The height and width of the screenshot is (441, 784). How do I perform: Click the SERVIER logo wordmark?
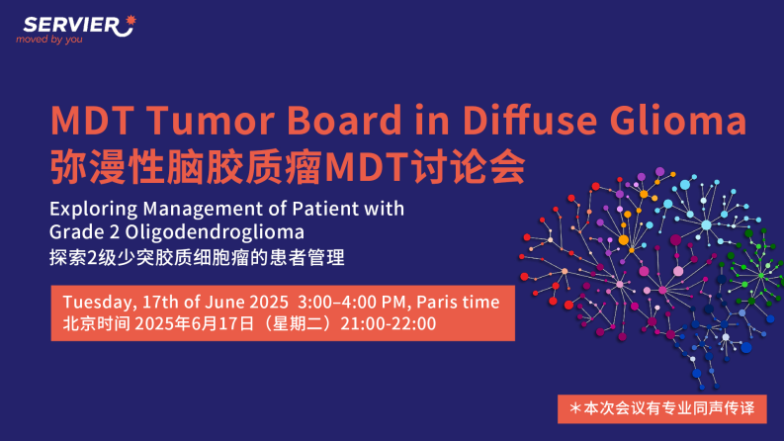pos(71,25)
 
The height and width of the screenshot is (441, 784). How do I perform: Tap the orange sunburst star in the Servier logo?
pos(131,20)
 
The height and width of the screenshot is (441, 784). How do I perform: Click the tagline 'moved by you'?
pos(49,40)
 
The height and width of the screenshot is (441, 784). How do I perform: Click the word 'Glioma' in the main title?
pos(678,120)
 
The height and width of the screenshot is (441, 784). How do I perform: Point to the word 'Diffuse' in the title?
pos(530,120)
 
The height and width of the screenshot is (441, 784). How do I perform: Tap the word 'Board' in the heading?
pos(344,120)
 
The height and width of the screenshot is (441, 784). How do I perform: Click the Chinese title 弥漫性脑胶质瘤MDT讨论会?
pos(288,166)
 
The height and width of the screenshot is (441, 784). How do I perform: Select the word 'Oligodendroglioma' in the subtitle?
pos(215,232)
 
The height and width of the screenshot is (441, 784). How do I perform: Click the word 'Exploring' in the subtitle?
pos(94,209)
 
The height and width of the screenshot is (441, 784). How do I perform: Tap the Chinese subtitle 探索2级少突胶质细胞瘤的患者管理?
pos(197,258)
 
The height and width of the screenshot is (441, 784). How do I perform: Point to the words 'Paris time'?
pos(458,302)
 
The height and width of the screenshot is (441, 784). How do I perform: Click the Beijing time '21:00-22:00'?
pos(388,324)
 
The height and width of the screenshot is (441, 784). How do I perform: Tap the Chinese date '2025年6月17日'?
pos(195,324)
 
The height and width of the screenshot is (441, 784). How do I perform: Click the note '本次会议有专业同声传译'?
pos(669,408)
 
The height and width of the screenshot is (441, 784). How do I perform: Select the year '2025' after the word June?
pos(269,302)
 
